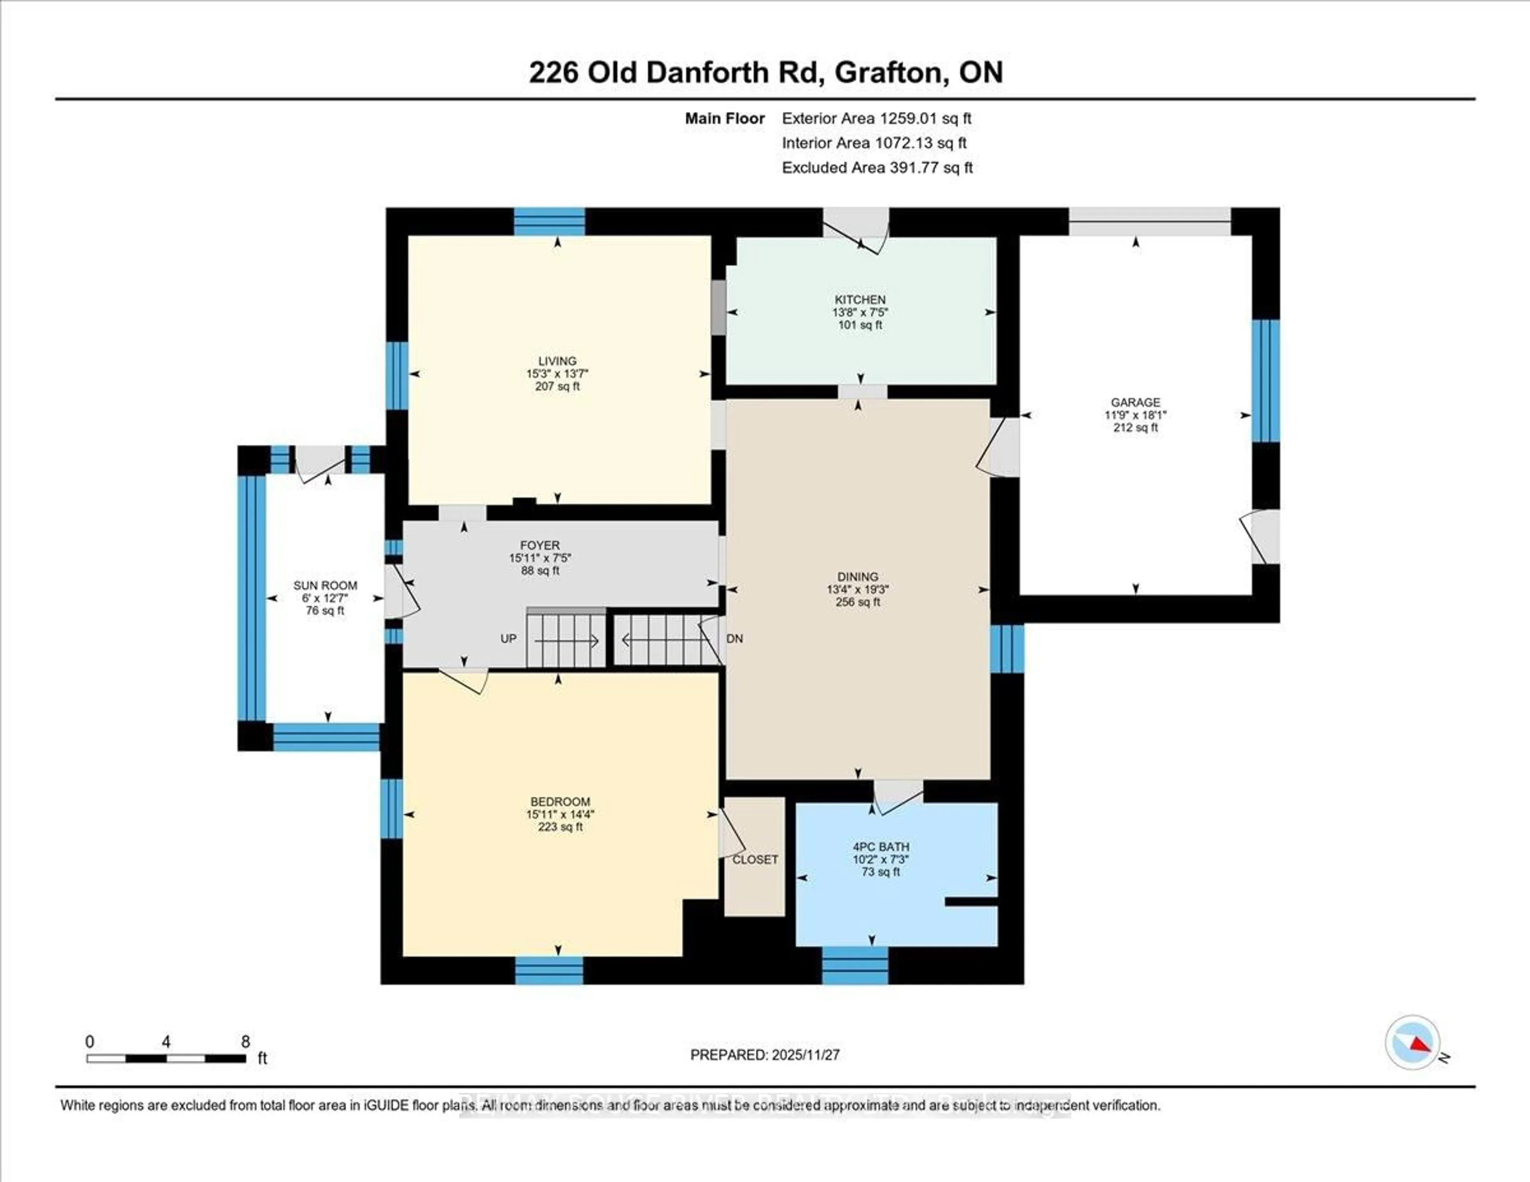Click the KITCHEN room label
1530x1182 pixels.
point(859,299)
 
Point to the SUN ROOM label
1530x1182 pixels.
point(325,585)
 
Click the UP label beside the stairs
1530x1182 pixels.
point(508,638)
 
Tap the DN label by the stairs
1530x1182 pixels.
point(735,638)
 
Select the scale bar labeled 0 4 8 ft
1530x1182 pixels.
point(166,1058)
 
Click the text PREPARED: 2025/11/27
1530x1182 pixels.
point(765,1054)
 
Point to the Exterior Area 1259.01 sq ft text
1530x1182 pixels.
point(877,118)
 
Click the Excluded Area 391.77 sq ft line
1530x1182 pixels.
point(877,167)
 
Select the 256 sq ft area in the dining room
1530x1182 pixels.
point(857,602)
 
